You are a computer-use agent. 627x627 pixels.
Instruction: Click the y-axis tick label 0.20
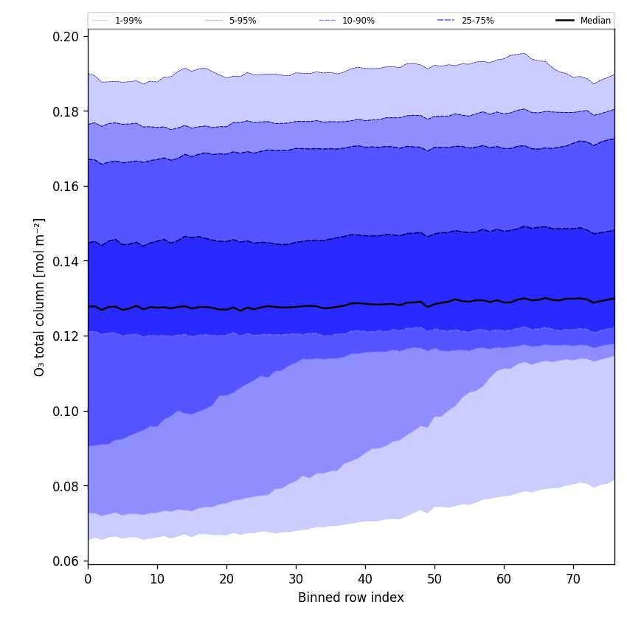(68, 36)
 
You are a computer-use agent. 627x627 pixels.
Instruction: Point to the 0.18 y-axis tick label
(68, 111)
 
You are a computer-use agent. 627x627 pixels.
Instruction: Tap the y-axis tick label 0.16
(68, 186)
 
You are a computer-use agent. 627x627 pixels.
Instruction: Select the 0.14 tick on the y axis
(68, 261)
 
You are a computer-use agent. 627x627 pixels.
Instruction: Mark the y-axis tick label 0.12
(68, 336)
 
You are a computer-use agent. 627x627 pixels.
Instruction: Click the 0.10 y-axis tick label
(68, 411)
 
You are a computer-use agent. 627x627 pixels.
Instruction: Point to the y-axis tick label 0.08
(68, 486)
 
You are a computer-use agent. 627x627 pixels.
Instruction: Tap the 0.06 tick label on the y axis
(68, 561)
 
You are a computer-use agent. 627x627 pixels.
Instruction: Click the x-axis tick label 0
(88, 579)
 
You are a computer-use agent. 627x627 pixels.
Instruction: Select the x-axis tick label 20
(226, 579)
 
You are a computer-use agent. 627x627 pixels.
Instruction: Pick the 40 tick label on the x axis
(365, 579)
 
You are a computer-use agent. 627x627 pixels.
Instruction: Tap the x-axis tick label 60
(504, 579)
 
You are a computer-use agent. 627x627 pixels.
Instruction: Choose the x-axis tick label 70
(573, 579)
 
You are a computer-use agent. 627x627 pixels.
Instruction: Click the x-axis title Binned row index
(351, 598)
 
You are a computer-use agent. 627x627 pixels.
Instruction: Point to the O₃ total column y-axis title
(40, 297)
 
